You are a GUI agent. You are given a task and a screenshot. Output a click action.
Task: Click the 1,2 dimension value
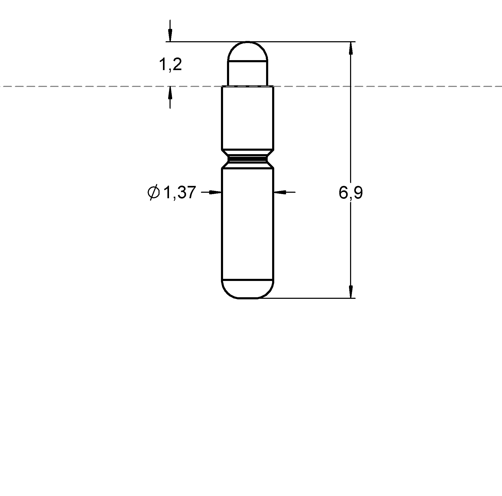tap(170, 65)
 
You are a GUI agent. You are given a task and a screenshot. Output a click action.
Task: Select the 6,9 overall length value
tap(351, 193)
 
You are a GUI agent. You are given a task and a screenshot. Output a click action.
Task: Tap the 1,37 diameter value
tap(180, 192)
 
